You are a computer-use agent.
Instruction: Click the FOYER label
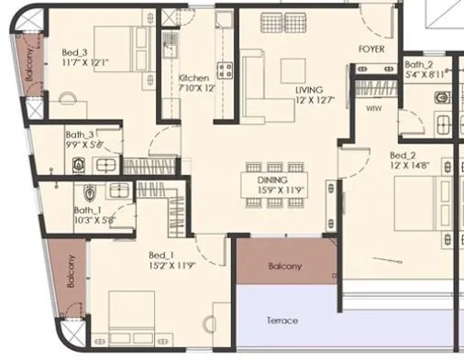tap(371, 49)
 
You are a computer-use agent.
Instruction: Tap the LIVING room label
tap(309, 90)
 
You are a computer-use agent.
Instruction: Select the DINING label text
tap(272, 180)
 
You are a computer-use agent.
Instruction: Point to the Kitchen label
tap(193, 78)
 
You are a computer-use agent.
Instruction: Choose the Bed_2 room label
tap(403, 155)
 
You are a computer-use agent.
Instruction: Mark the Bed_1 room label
tap(161, 255)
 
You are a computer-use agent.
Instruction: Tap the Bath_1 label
tap(91, 210)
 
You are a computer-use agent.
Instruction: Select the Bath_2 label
tap(418, 64)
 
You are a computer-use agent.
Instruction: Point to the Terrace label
tap(282, 322)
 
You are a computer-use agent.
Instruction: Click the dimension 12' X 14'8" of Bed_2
tap(408, 166)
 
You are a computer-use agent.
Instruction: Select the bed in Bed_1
tap(138, 317)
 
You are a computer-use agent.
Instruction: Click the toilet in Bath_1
tap(90, 194)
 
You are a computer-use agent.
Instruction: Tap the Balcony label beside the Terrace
tap(284, 267)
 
